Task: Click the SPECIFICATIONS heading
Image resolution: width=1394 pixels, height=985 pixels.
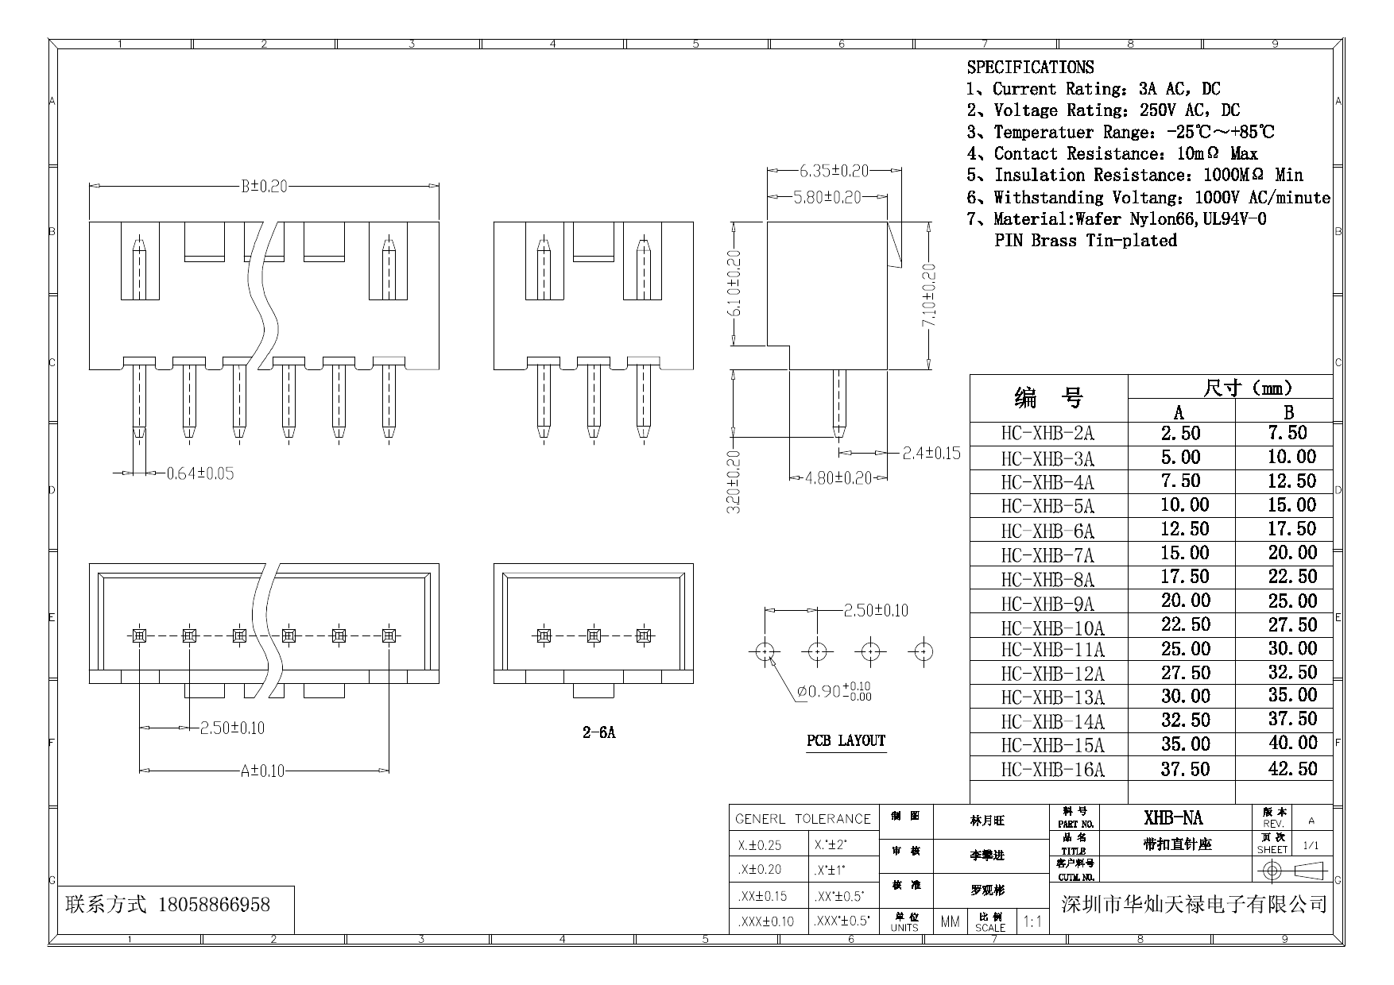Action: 1030,68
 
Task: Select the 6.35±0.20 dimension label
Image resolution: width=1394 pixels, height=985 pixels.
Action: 834,171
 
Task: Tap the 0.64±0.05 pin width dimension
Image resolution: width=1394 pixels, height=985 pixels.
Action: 199,474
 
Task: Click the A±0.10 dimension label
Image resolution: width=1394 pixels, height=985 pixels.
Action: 262,771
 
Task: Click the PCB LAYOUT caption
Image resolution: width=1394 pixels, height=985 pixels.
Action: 846,741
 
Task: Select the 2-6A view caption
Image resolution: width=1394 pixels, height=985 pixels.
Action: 598,732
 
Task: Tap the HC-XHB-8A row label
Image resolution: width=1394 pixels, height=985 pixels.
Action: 1047,579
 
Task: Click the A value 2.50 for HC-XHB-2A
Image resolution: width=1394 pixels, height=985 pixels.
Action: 1180,434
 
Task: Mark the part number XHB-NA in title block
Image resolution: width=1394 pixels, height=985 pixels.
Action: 1173,818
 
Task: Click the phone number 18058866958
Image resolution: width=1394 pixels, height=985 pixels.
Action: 215,905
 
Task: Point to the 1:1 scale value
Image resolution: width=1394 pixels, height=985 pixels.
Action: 1032,922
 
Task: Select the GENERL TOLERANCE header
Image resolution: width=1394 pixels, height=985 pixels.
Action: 803,819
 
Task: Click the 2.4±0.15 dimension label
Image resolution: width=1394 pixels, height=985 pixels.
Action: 931,454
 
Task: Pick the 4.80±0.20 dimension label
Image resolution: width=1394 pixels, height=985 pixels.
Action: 838,478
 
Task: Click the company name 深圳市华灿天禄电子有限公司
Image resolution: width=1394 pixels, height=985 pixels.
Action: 1195,904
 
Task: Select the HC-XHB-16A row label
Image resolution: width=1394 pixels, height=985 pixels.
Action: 1052,770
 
